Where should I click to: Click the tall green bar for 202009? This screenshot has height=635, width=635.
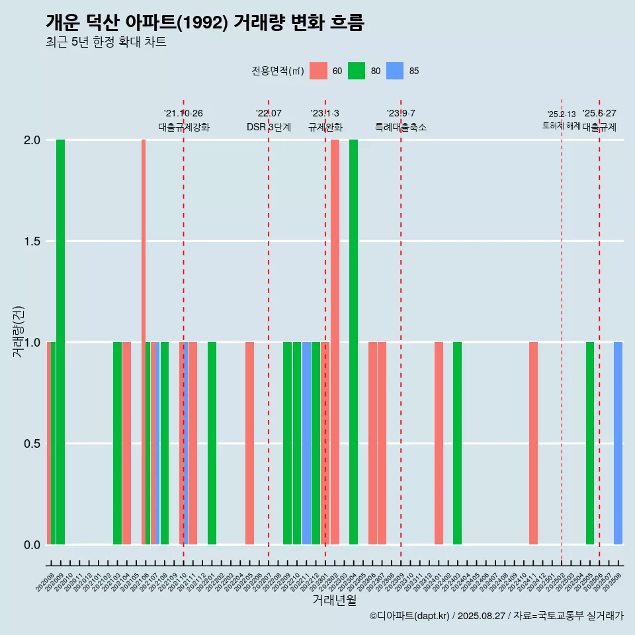[x=60, y=342]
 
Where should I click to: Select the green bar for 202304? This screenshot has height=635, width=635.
[x=353, y=342]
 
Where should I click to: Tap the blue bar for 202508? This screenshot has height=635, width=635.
[x=618, y=443]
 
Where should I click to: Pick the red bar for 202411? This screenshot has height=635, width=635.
[x=533, y=443]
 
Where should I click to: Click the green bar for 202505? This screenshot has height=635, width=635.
[x=590, y=443]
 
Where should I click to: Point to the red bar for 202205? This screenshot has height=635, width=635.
[x=249, y=443]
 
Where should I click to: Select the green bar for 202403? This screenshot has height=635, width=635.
[x=457, y=443]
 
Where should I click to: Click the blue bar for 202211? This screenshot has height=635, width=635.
[x=306, y=443]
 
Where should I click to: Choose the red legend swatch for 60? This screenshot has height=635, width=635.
[x=318, y=71]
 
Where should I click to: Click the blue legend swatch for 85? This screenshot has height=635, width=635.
[x=395, y=71]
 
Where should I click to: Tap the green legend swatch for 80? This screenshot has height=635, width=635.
[x=357, y=71]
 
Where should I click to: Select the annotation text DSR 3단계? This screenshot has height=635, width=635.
[x=269, y=127]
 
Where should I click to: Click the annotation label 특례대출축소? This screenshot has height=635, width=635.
[x=401, y=127]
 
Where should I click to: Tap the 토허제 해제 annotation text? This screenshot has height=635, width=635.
[x=561, y=126]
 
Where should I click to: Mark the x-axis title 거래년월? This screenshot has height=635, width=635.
[x=334, y=600]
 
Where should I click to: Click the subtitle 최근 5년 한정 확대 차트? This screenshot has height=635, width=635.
[x=106, y=42]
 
